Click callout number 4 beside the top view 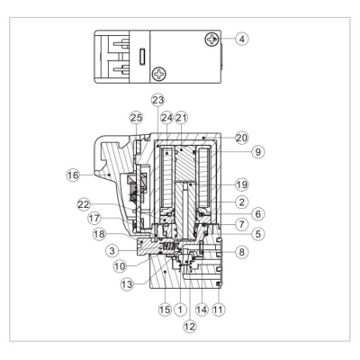[x=242, y=39]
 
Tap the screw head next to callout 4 [x=211, y=40]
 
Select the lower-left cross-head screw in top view [x=159, y=73]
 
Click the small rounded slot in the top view [x=142, y=56]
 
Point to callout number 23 [x=158, y=100]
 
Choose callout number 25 [x=137, y=118]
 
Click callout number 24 [x=167, y=118]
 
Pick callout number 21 [x=181, y=118]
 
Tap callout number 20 [x=242, y=138]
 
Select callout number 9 [x=258, y=152]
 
